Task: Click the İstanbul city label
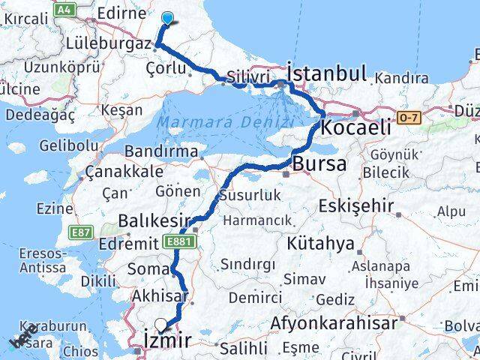coord(327,73)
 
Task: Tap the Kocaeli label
coord(355,128)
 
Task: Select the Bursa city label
coord(319,163)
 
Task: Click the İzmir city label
coord(166,342)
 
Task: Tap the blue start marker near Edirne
coord(167,19)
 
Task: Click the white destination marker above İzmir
coord(160,325)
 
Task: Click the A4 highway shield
coord(65,8)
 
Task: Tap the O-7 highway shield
coord(409,117)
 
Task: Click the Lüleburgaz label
coord(108,44)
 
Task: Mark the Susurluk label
coord(249,195)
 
